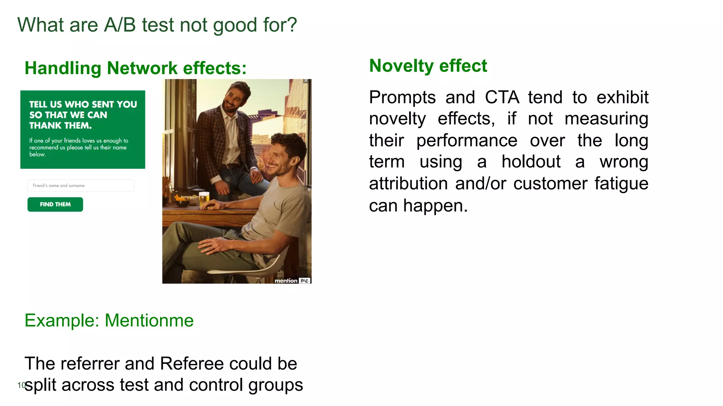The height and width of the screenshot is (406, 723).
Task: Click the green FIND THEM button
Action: pos(55,204)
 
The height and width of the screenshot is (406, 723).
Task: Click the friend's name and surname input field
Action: pos(80,185)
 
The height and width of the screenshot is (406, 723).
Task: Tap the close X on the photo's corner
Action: pos(306,81)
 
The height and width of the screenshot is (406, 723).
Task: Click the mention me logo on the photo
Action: pos(292,281)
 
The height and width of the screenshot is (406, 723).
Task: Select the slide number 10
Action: pos(21,385)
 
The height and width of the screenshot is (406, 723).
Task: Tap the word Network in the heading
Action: pos(142,68)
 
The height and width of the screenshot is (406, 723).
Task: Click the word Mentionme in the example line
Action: pos(149,320)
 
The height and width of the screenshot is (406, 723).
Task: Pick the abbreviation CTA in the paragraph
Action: pos(502,97)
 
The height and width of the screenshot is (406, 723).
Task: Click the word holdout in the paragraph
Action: pos(531,162)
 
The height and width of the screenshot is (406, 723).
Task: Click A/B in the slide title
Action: pos(120,25)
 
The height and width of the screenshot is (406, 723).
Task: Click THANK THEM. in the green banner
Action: pos(60,125)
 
